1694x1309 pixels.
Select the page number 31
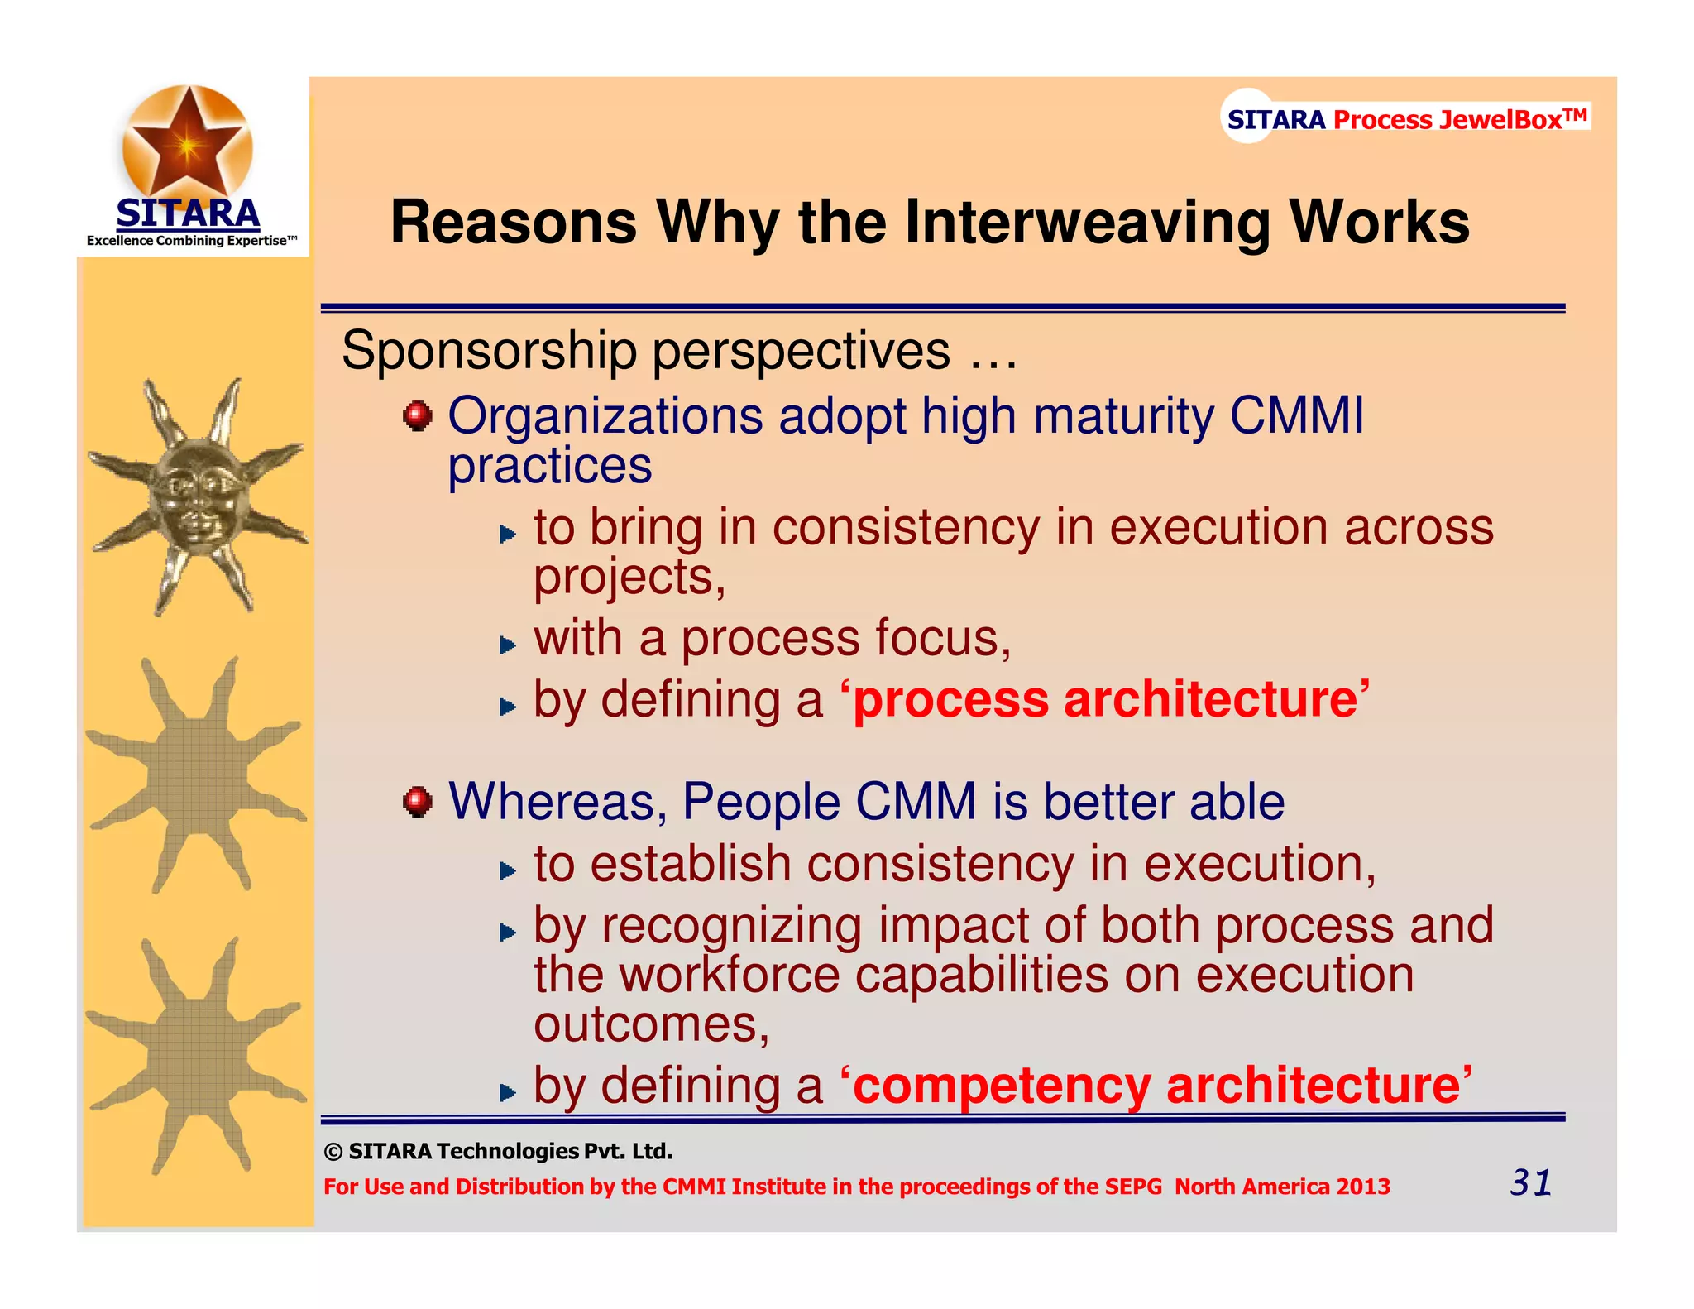click(x=1530, y=1182)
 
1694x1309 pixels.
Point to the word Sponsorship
click(x=489, y=351)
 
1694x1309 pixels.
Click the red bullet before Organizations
click(x=418, y=415)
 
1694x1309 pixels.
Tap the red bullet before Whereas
click(x=418, y=802)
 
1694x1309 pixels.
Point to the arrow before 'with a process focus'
click(x=508, y=645)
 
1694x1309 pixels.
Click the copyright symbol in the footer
click(x=333, y=1152)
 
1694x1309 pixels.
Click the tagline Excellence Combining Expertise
click(x=191, y=241)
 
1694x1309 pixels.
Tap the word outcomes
click(x=651, y=1024)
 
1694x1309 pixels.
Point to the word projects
click(x=629, y=577)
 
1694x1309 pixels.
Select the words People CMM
click(x=829, y=802)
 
